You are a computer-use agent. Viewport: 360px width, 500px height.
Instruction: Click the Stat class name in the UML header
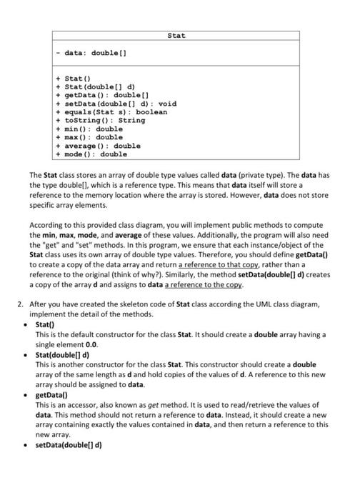(x=176, y=34)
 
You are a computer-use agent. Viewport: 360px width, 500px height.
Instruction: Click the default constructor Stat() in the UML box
(x=79, y=79)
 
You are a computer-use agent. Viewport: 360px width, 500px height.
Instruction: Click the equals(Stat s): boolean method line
(x=114, y=112)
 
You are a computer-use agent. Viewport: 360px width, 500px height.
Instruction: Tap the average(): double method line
(x=101, y=146)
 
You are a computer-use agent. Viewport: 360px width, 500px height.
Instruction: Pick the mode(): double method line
(x=95, y=154)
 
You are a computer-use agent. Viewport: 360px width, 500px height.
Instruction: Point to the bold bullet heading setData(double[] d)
(x=69, y=444)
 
